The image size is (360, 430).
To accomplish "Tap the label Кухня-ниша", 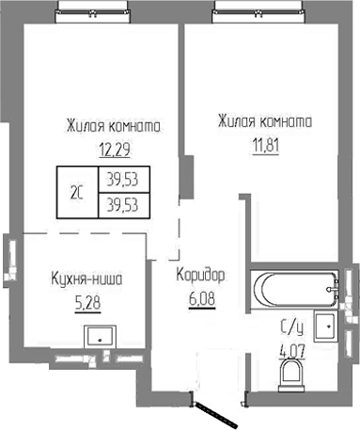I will [86, 279].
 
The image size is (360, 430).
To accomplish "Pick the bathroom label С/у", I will [292, 328].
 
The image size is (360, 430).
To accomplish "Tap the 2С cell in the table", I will [77, 194].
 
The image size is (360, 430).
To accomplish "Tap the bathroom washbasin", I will [325, 326].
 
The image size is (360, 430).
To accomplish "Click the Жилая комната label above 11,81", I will [263, 121].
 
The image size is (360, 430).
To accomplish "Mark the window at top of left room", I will [95, 9].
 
